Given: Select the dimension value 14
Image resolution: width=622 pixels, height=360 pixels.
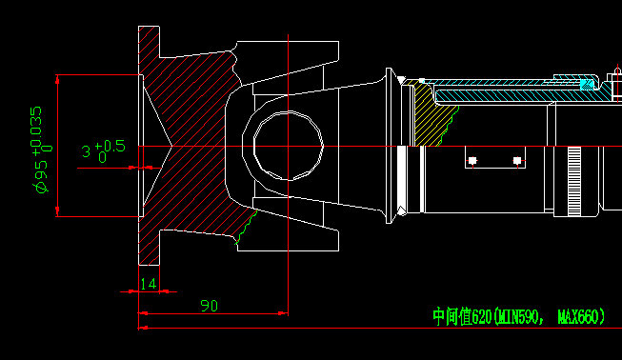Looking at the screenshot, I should [x=148, y=284].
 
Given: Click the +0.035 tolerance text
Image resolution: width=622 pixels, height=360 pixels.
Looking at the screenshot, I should [x=37, y=130].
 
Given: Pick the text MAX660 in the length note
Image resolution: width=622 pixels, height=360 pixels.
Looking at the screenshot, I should [x=581, y=316].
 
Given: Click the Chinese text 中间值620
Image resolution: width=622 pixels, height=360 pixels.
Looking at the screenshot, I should [x=462, y=316].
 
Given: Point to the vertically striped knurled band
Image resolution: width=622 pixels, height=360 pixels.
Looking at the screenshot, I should [x=573, y=181].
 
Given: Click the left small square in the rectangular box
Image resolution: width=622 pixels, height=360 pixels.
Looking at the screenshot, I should [x=472, y=159].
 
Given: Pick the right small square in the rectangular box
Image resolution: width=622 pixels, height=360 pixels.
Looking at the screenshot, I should [x=517, y=159].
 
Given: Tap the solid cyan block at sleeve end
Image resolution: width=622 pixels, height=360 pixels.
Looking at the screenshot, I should [x=588, y=86].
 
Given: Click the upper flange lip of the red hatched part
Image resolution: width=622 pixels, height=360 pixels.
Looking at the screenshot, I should [x=148, y=43].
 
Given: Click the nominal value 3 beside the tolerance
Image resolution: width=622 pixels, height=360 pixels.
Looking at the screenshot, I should [x=87, y=151].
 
